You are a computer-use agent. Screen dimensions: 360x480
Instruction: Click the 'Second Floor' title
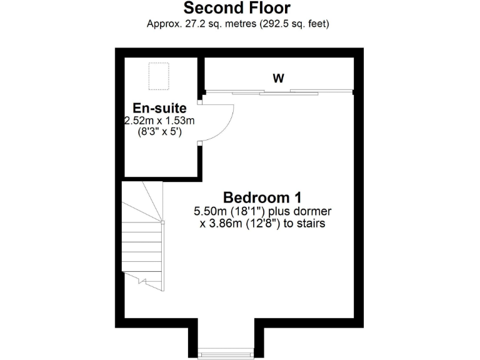point(237,9)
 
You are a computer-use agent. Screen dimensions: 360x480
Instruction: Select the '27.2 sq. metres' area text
point(204,24)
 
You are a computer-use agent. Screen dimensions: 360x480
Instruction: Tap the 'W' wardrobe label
point(278,79)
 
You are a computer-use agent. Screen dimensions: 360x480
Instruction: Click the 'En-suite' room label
point(159,109)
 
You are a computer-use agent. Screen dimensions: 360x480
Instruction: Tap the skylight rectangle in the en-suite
point(158,76)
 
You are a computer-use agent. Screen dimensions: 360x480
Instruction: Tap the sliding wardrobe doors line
point(278,92)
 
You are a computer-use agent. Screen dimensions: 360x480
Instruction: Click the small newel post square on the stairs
point(162,222)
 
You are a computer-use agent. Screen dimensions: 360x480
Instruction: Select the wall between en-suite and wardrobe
point(201,75)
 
